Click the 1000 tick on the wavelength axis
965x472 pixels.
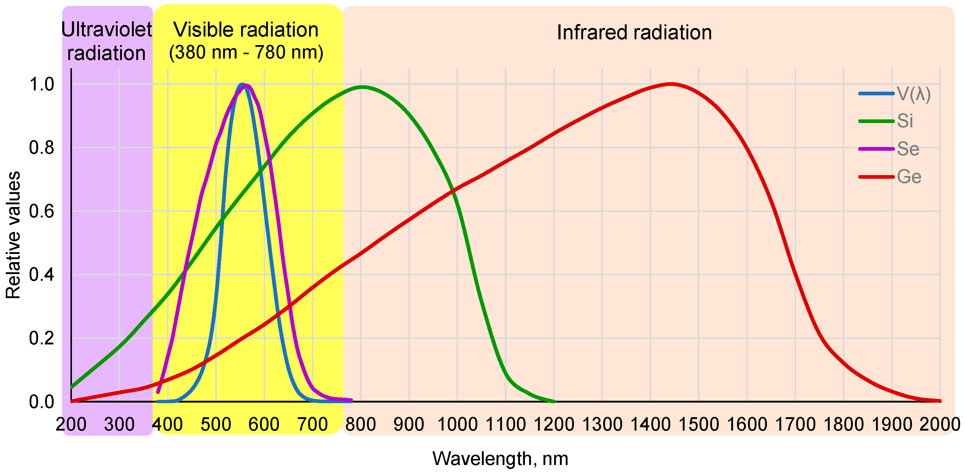tap(457, 424)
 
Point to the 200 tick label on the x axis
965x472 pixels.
tap(71, 424)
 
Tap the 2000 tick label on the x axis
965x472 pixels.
tap(939, 424)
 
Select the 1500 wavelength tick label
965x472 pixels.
tap(698, 424)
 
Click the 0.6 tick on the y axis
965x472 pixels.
tap(41, 211)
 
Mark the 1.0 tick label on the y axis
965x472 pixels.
tap(41, 84)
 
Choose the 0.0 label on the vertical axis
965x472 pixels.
tap(41, 402)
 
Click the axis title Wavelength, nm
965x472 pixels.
tap(500, 459)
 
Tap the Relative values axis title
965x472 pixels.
tap(13, 235)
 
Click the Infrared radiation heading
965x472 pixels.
tap(634, 32)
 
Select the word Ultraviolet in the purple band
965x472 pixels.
tap(107, 30)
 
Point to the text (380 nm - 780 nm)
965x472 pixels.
tap(246, 52)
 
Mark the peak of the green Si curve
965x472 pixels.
tap(361, 87)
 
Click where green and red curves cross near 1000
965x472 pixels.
tap(453, 190)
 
